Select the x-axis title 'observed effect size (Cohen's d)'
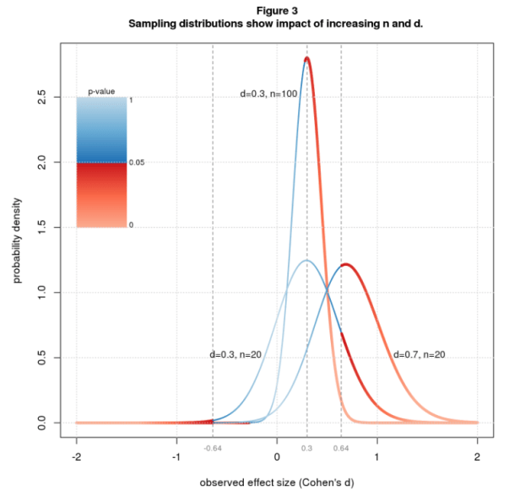point(277,483)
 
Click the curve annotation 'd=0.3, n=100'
point(268,94)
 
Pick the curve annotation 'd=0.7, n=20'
point(419,354)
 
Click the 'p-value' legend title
point(101,90)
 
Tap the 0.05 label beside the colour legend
point(138,162)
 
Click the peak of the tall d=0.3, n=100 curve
point(306,58)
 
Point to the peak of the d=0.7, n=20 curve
point(346,264)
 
